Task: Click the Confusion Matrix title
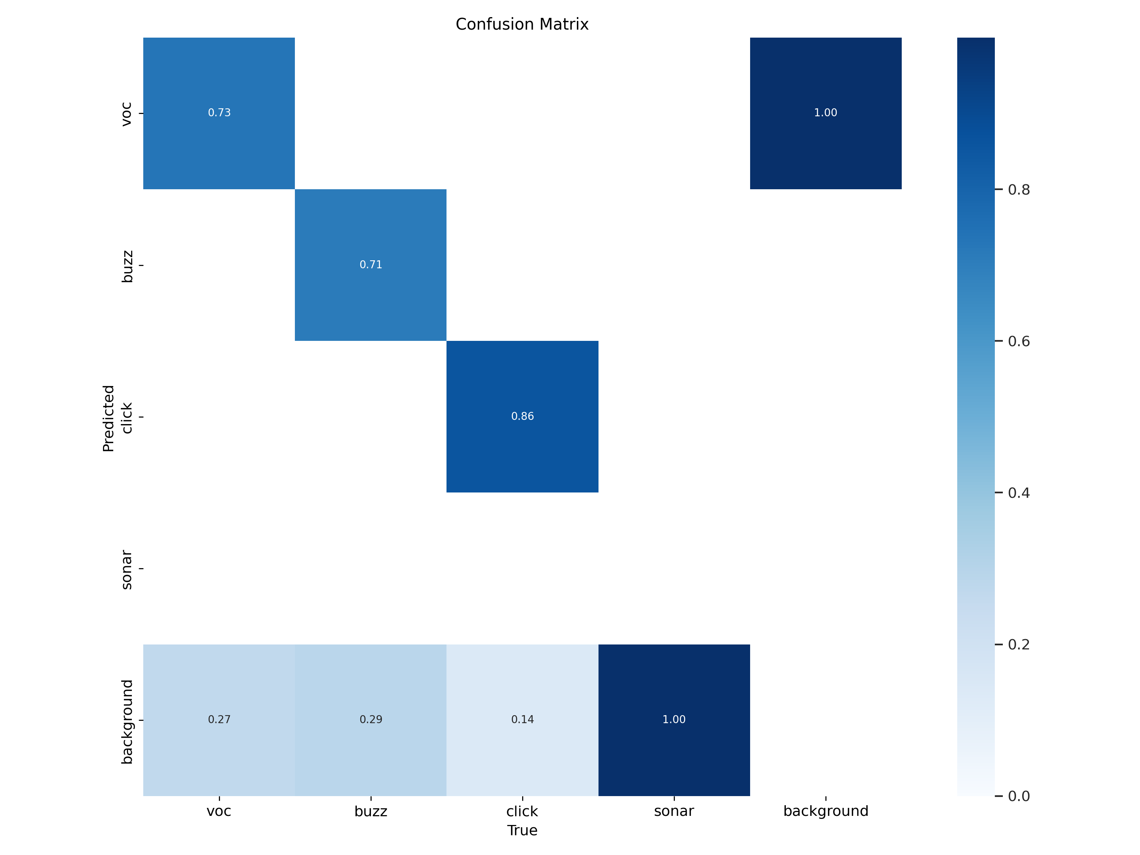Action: coord(522,24)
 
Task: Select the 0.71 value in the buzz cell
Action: coord(370,264)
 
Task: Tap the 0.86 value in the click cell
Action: coord(522,416)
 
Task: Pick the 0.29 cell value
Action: coord(370,719)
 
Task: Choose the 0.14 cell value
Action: coord(522,719)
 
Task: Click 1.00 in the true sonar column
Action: coord(674,719)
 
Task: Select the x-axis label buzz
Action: coord(370,811)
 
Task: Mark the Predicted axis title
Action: coord(108,418)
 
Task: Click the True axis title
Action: coord(522,830)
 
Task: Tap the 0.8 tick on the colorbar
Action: coord(1018,190)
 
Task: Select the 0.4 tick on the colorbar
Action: coord(1018,493)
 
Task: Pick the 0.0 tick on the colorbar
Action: coord(1018,796)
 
